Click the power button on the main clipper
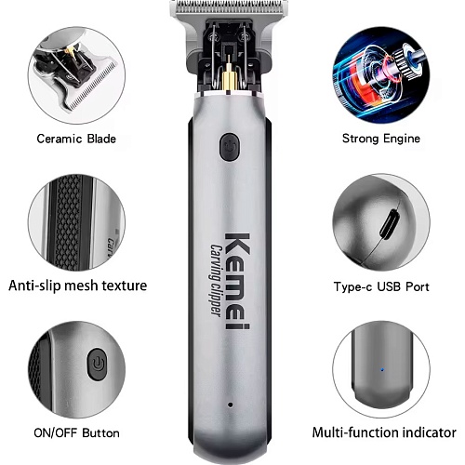coord(230,147)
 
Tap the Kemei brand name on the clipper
coord(237,281)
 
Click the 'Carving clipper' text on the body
coord(216,280)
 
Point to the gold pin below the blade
coord(229,73)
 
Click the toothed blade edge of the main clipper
coord(229,7)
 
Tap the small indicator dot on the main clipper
coord(230,405)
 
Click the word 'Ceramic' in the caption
coord(59,139)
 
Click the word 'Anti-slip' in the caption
coord(34,286)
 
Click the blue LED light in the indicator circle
coord(382,369)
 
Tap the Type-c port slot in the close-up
coord(390,224)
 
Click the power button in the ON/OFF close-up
coord(97,364)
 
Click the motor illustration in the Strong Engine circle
coord(381,75)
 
